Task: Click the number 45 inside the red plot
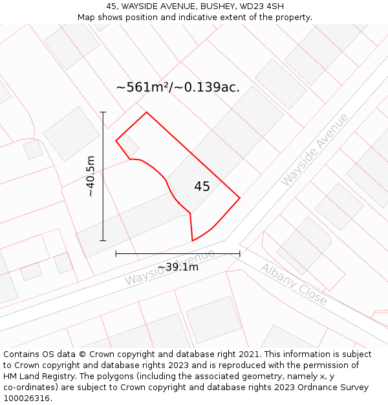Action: [202, 187]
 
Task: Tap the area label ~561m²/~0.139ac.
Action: [178, 87]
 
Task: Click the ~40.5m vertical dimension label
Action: [91, 176]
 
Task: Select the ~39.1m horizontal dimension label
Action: [178, 267]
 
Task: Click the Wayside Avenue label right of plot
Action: [314, 150]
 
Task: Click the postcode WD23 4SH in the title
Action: [261, 6]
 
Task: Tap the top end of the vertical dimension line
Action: [103, 112]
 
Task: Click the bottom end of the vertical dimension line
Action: [103, 240]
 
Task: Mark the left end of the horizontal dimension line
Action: [116, 253]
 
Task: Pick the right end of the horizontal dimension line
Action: [240, 253]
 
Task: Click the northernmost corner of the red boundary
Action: [147, 112]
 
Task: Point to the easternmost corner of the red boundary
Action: [240, 198]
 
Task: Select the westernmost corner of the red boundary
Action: [116, 141]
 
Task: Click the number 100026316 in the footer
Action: [27, 398]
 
